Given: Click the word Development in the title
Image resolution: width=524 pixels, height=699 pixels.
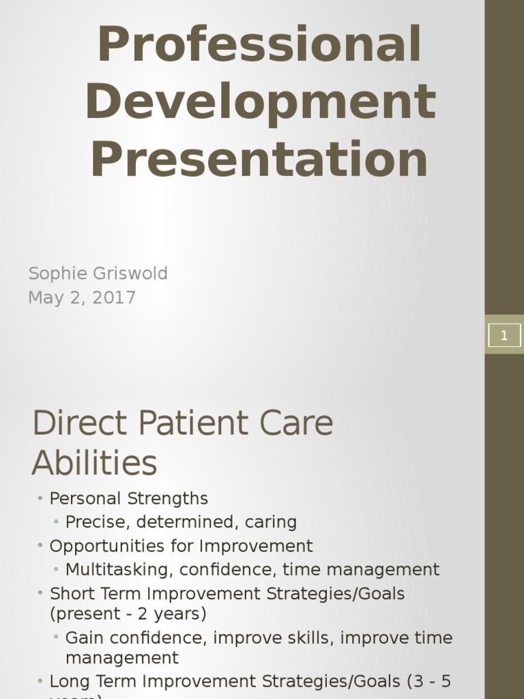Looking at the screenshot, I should [261, 101].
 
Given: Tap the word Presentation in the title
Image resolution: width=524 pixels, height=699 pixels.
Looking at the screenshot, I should [259, 158].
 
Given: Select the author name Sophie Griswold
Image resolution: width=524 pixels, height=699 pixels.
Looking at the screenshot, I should [98, 274].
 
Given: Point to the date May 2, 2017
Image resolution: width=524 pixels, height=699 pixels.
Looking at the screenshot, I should [82, 298].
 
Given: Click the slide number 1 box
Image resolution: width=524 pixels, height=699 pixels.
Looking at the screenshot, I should [504, 334].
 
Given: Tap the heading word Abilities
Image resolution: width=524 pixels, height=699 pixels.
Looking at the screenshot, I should [94, 463].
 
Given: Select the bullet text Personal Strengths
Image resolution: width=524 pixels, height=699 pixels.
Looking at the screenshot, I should [129, 498].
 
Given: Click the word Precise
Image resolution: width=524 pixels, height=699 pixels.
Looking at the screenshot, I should [97, 522].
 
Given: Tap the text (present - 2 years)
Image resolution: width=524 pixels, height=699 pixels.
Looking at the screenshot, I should [128, 614].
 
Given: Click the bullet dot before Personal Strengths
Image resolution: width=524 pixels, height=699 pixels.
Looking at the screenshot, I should [41, 498].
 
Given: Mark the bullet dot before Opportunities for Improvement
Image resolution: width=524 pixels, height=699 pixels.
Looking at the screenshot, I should [41, 546].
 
